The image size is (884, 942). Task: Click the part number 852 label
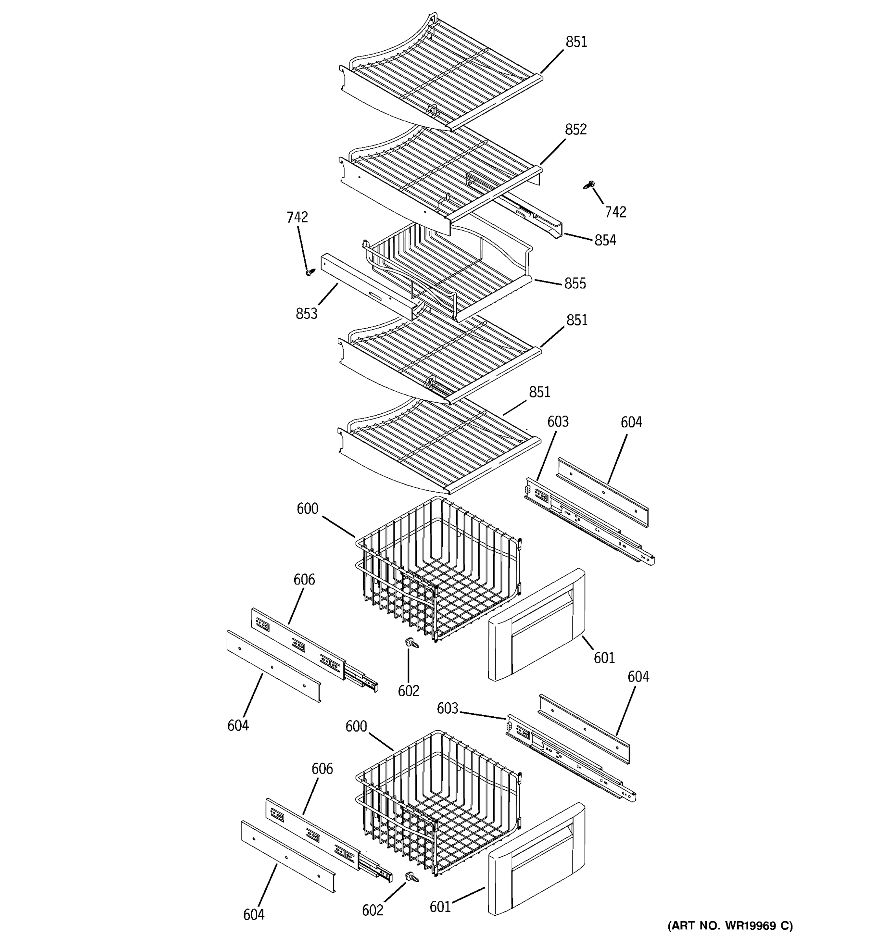pyautogui.click(x=575, y=130)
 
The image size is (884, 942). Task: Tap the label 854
pyautogui.click(x=605, y=240)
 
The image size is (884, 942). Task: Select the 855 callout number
pyautogui.click(x=575, y=283)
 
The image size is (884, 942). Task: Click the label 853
pyautogui.click(x=306, y=314)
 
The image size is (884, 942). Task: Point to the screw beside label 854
pyautogui.click(x=589, y=185)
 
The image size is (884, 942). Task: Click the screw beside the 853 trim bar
pyautogui.click(x=310, y=272)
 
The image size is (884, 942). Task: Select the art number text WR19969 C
pyautogui.click(x=730, y=926)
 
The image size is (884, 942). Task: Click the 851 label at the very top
pyautogui.click(x=576, y=42)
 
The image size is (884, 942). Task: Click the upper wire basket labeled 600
pyautogui.click(x=436, y=569)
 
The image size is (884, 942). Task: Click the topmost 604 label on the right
pyautogui.click(x=631, y=422)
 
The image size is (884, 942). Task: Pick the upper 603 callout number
pyautogui.click(x=558, y=422)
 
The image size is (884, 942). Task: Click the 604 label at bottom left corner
pyautogui.click(x=254, y=915)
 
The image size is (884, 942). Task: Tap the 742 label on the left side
pyautogui.click(x=297, y=217)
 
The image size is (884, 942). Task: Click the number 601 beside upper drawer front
pyautogui.click(x=604, y=658)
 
